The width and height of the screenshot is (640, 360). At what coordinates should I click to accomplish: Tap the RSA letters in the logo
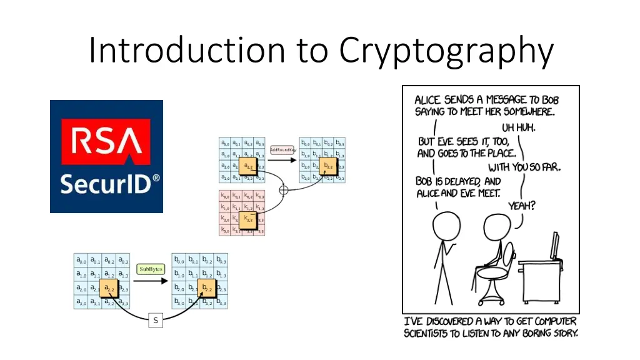pos(106,142)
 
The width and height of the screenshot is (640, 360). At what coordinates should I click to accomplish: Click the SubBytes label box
pos(151,269)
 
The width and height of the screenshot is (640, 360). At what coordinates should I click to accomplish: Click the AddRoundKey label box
pos(282,149)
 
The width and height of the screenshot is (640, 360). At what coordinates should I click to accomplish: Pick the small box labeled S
pos(156,321)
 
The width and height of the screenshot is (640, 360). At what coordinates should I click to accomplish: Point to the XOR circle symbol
pos(283,189)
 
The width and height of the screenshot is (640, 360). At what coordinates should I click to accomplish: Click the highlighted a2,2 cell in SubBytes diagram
pos(109,289)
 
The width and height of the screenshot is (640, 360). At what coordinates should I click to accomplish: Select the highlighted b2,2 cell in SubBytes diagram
pos(206,289)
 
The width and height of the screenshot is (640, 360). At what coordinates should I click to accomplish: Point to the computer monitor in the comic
pos(554,246)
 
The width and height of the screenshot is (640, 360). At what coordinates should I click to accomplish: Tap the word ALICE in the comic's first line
pos(428,100)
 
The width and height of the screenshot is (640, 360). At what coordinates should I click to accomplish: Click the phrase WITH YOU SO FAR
pos(524,167)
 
